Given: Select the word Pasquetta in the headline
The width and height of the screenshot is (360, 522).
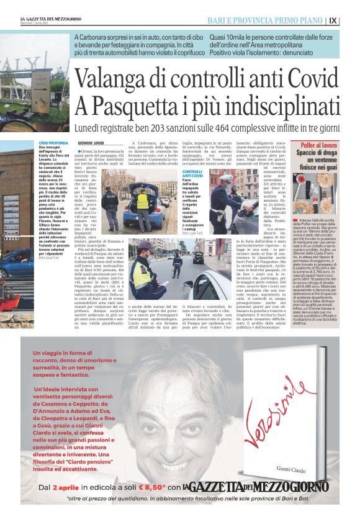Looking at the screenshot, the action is (140, 104).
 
